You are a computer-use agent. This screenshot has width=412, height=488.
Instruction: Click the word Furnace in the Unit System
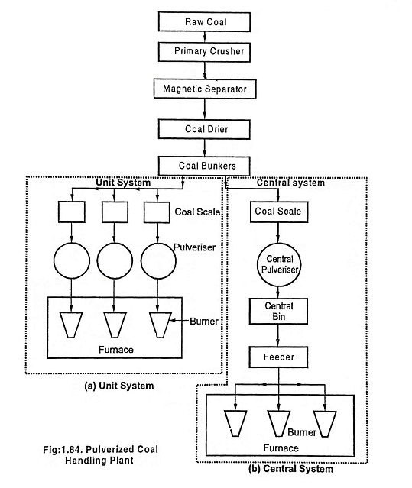tap(116, 350)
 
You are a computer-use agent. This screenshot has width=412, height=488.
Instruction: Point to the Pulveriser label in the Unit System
tap(194, 247)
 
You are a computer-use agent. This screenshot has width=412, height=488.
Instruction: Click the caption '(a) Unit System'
tap(119, 386)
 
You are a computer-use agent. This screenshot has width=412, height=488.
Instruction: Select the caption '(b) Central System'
tap(290, 469)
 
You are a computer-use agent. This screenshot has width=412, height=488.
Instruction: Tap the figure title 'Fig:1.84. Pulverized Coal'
tap(101, 449)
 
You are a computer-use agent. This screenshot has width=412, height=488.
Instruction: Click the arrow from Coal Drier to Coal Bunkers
tap(205, 147)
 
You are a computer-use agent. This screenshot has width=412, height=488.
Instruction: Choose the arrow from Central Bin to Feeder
tap(278, 335)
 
